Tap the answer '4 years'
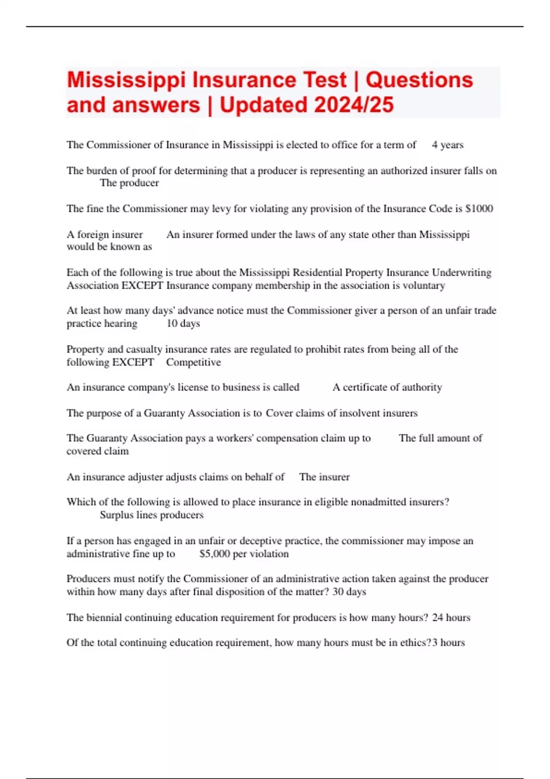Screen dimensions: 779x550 pyautogui.click(x=447, y=145)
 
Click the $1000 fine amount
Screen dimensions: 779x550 pyautogui.click(x=479, y=208)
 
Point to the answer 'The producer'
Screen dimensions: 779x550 pyautogui.click(x=129, y=183)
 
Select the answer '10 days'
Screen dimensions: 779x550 pyautogui.click(x=183, y=324)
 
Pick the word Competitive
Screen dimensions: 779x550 pyautogui.click(x=193, y=362)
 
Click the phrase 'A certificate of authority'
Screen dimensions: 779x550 pyautogui.click(x=387, y=387)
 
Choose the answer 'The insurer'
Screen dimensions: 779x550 pyautogui.click(x=324, y=477)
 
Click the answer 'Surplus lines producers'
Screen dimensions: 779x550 pyautogui.click(x=152, y=515)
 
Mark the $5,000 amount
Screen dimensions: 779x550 pyautogui.click(x=214, y=554)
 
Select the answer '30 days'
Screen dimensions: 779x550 pyautogui.click(x=349, y=592)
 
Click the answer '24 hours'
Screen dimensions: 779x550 pyautogui.click(x=451, y=617)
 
